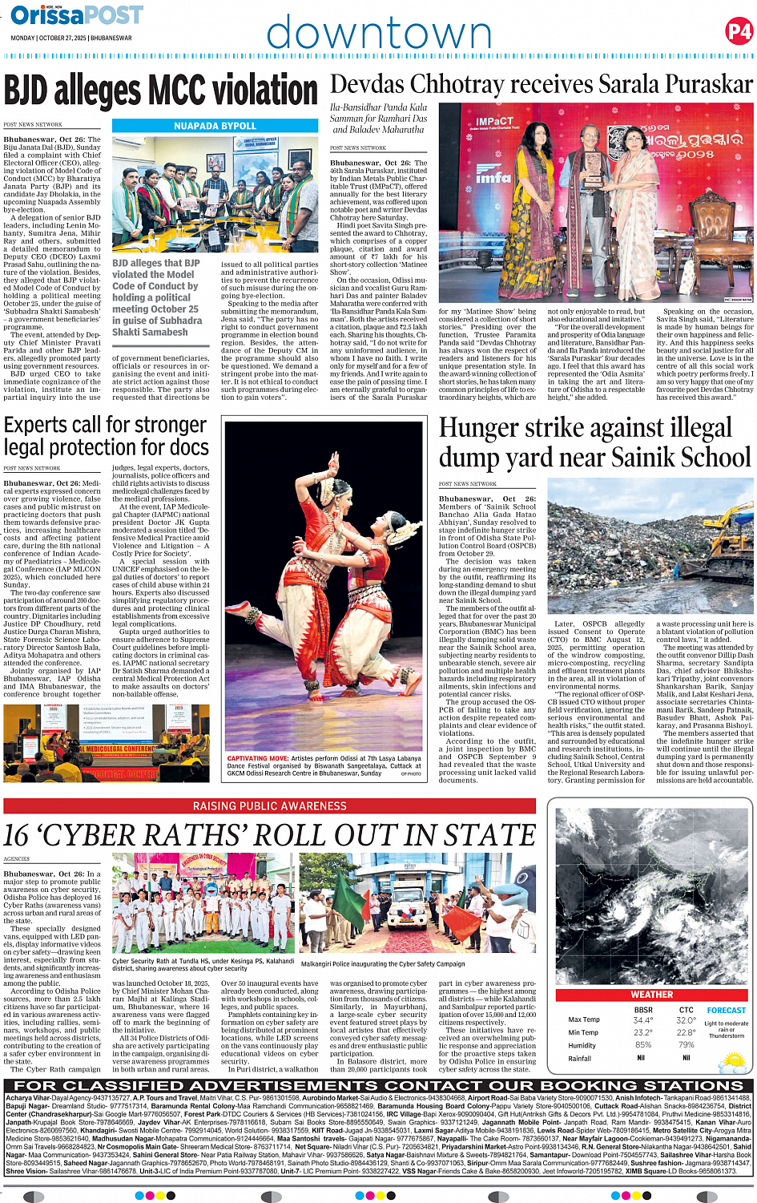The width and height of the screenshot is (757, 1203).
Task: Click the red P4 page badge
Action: coord(738,31)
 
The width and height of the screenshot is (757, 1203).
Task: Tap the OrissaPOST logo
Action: coord(77,15)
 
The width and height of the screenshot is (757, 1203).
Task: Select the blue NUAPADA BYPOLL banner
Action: coord(215,126)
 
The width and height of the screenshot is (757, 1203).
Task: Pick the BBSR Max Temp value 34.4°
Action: coord(642,1020)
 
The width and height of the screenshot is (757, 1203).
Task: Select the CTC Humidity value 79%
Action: coord(686,1045)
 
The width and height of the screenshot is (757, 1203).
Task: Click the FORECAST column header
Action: coord(726,1010)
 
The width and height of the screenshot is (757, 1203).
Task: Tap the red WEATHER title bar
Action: coord(652,995)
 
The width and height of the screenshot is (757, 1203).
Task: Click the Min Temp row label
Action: coord(583,1032)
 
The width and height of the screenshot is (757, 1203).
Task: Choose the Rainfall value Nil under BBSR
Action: coord(641,1058)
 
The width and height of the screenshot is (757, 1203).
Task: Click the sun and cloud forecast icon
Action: coord(732,1062)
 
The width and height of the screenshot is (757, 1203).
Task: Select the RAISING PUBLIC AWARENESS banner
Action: coord(269,805)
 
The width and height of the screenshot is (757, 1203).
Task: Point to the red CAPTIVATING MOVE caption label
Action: coord(257,758)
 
